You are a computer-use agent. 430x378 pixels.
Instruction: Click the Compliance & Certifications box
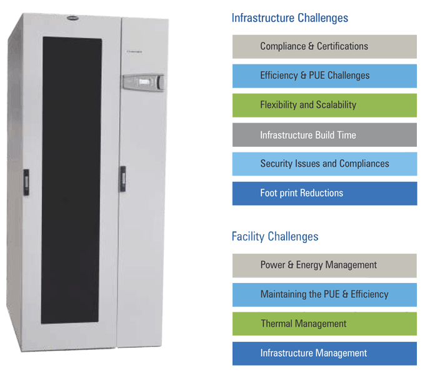click(x=324, y=47)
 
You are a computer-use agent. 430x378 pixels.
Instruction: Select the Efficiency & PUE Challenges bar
click(x=324, y=76)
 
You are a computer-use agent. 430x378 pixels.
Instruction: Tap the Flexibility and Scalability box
click(x=324, y=106)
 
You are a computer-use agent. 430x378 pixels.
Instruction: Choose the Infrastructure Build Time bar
click(x=324, y=135)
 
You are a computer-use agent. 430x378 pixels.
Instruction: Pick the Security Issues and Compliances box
click(x=324, y=164)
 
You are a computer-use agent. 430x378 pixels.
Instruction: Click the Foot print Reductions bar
click(x=324, y=194)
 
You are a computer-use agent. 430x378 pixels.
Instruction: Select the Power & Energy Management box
click(x=324, y=266)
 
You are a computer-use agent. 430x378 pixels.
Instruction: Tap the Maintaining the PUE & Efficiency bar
click(x=324, y=295)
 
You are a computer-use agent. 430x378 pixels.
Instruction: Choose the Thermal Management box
click(x=324, y=324)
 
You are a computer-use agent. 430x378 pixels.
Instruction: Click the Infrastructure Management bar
click(x=324, y=354)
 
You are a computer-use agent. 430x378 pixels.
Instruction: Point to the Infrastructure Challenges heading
click(x=290, y=18)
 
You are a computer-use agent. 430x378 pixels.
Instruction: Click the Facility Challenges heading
click(x=275, y=237)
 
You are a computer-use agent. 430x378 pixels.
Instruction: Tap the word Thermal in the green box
click(x=276, y=324)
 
